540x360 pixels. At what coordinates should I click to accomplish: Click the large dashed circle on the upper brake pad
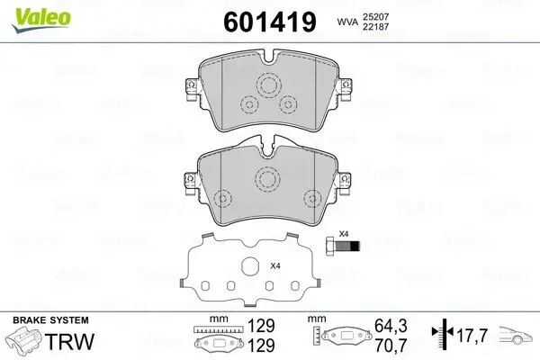[x=268, y=85]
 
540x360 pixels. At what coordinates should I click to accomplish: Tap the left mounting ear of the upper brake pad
[x=190, y=88]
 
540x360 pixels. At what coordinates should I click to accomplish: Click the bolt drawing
[x=343, y=246]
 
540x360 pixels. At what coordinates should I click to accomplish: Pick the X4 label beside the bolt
[x=343, y=231]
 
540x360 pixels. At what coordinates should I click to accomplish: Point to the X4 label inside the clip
[x=275, y=266]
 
